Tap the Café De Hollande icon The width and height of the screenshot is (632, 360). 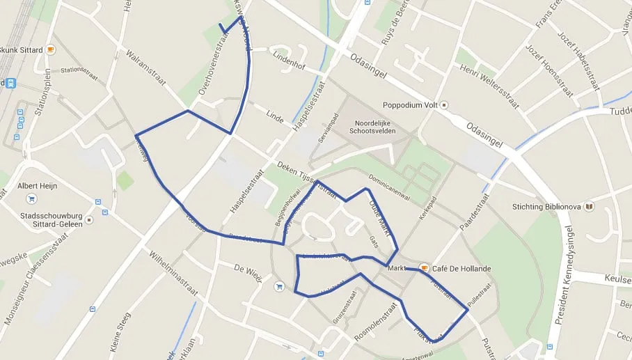click(423, 268)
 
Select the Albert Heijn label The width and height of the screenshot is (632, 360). click(38, 187)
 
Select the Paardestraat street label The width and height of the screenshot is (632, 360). click(475, 212)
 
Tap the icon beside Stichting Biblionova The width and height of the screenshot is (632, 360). click(589, 206)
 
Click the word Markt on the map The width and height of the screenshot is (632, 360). click(396, 268)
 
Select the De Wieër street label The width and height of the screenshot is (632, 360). click(247, 272)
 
